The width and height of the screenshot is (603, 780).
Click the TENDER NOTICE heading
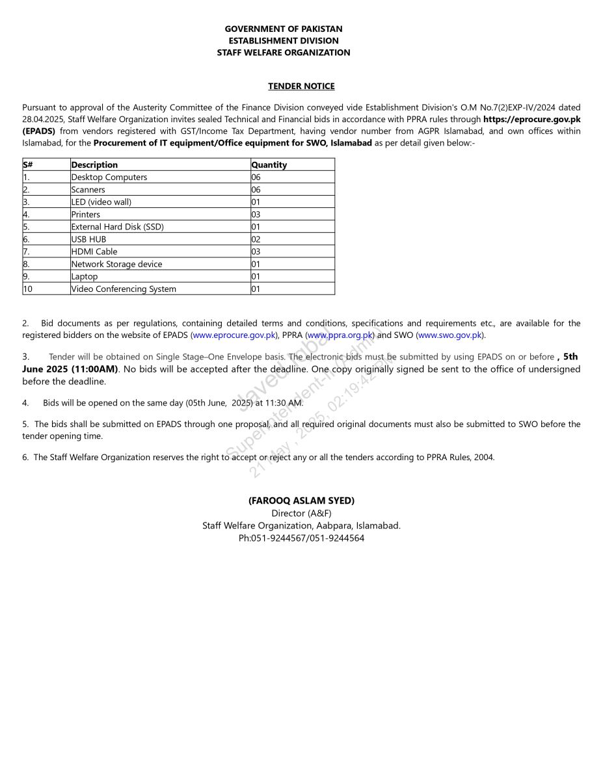click(301, 86)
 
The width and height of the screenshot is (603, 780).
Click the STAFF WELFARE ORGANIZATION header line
click(284, 53)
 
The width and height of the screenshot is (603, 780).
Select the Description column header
click(95, 165)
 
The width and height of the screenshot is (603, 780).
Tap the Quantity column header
click(269, 165)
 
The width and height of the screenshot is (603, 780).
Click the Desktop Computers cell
click(109, 177)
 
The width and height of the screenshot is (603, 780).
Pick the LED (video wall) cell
click(101, 202)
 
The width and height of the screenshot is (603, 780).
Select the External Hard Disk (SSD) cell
click(118, 227)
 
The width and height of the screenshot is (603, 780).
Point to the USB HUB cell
click(89, 239)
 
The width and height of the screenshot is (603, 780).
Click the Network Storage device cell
click(117, 264)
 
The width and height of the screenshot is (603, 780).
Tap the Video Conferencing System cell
click(124, 289)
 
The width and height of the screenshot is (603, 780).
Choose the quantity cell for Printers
click(256, 214)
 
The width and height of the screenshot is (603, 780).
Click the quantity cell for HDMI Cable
click(256, 252)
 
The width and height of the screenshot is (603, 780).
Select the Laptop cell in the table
click(85, 277)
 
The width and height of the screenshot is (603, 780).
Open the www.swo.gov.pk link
click(449, 335)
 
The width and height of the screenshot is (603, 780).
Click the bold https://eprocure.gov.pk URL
click(531, 120)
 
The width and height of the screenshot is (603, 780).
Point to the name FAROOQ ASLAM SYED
click(301, 500)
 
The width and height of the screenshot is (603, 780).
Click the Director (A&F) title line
click(301, 513)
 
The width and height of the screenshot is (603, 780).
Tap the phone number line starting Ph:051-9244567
click(301, 538)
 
